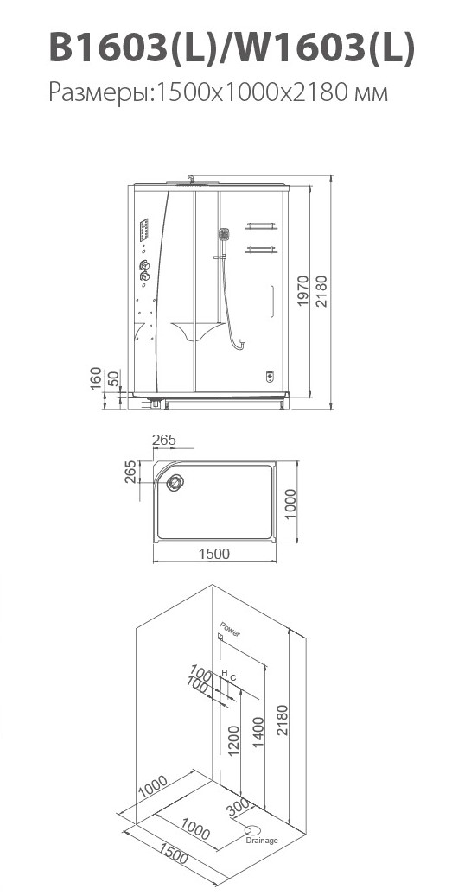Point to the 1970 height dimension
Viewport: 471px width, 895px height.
[303, 290]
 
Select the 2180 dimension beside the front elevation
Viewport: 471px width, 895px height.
[322, 290]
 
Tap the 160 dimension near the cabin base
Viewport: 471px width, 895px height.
[96, 378]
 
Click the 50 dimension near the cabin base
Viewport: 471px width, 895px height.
[114, 378]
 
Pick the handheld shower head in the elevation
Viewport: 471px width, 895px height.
[224, 234]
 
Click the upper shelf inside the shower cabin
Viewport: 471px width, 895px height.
[261, 226]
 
